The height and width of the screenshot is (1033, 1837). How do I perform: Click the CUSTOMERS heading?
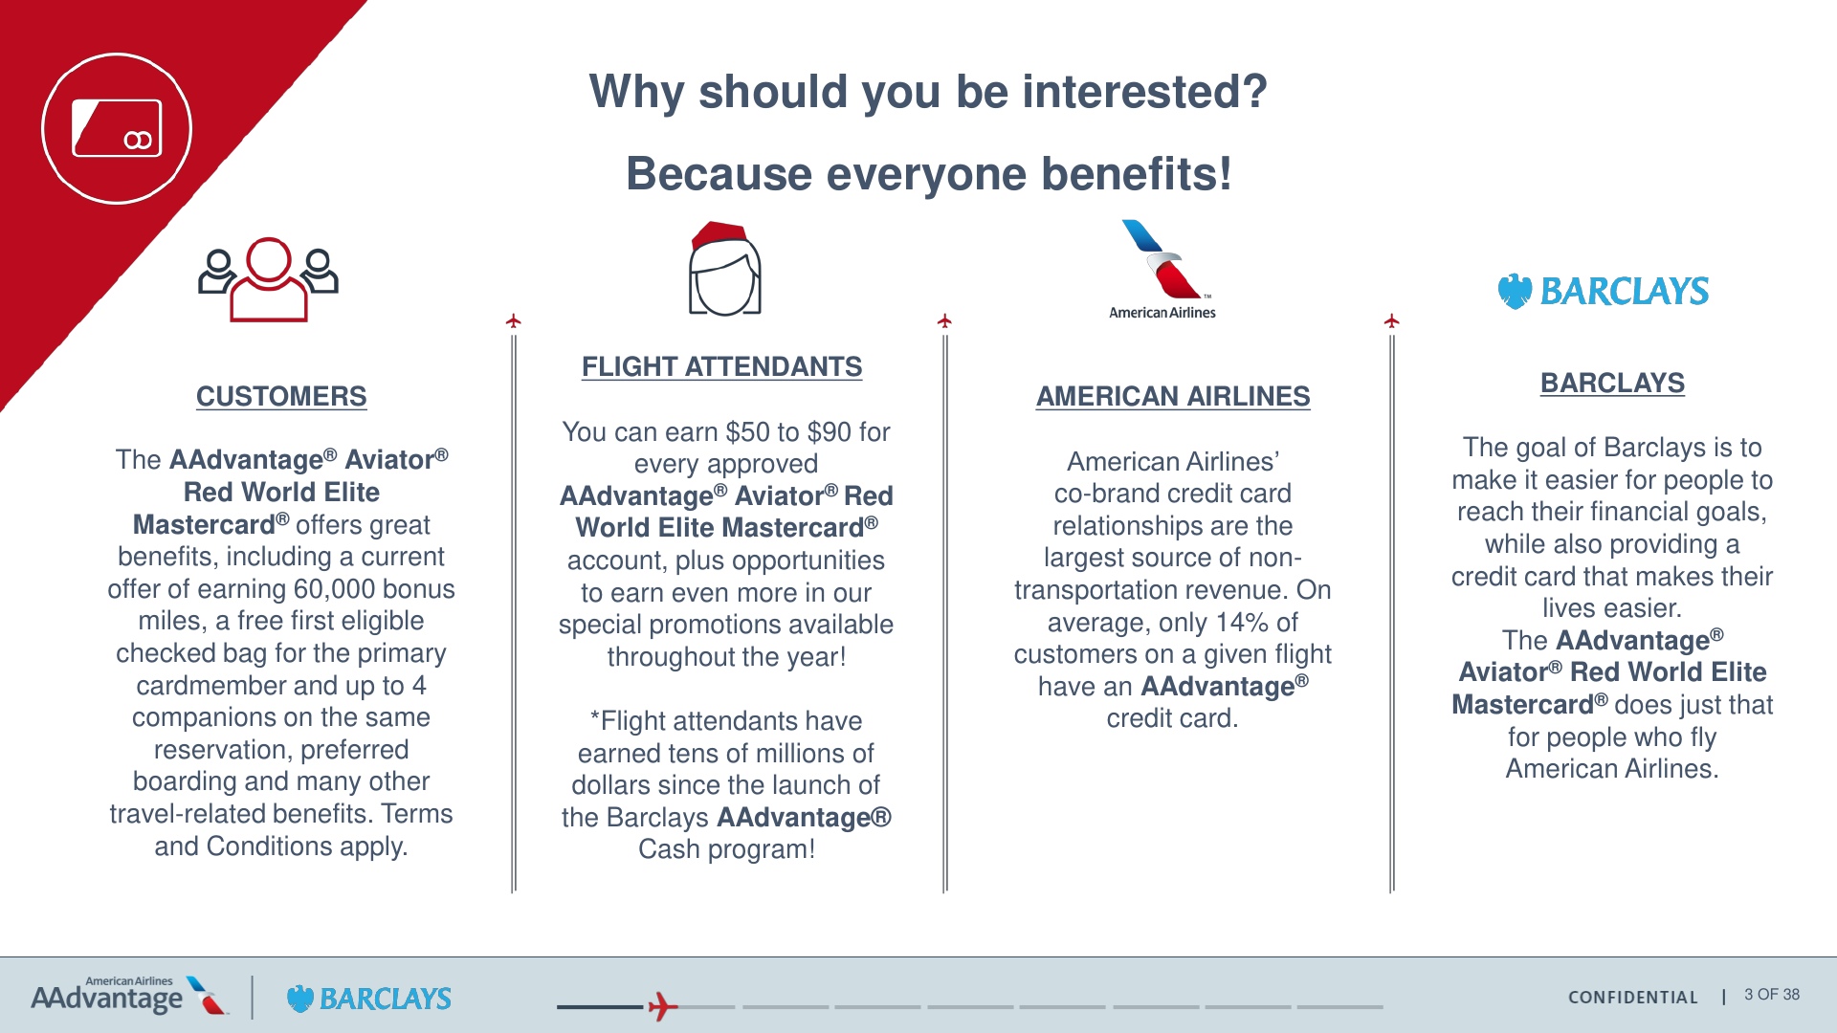[281, 396]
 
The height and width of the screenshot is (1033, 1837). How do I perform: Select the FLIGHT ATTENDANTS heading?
[721, 366]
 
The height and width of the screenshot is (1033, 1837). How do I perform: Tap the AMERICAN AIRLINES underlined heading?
[1173, 396]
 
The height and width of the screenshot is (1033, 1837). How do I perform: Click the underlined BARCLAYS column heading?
[1612, 383]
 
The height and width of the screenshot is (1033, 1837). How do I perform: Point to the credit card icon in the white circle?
[117, 128]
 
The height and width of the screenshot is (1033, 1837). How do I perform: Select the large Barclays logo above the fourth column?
[1604, 291]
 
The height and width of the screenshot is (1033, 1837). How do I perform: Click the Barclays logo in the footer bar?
[369, 999]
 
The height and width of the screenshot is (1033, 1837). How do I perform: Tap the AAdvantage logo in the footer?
[129, 996]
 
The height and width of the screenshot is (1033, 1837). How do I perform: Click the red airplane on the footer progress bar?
[662, 1006]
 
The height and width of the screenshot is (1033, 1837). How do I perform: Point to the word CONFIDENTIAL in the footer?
[1633, 998]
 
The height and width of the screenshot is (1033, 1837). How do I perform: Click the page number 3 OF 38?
[1772, 995]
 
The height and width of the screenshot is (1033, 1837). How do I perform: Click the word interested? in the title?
[1144, 92]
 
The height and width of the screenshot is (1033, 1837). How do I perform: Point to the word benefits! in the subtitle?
[1137, 174]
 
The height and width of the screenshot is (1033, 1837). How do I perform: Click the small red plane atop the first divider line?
[514, 320]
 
